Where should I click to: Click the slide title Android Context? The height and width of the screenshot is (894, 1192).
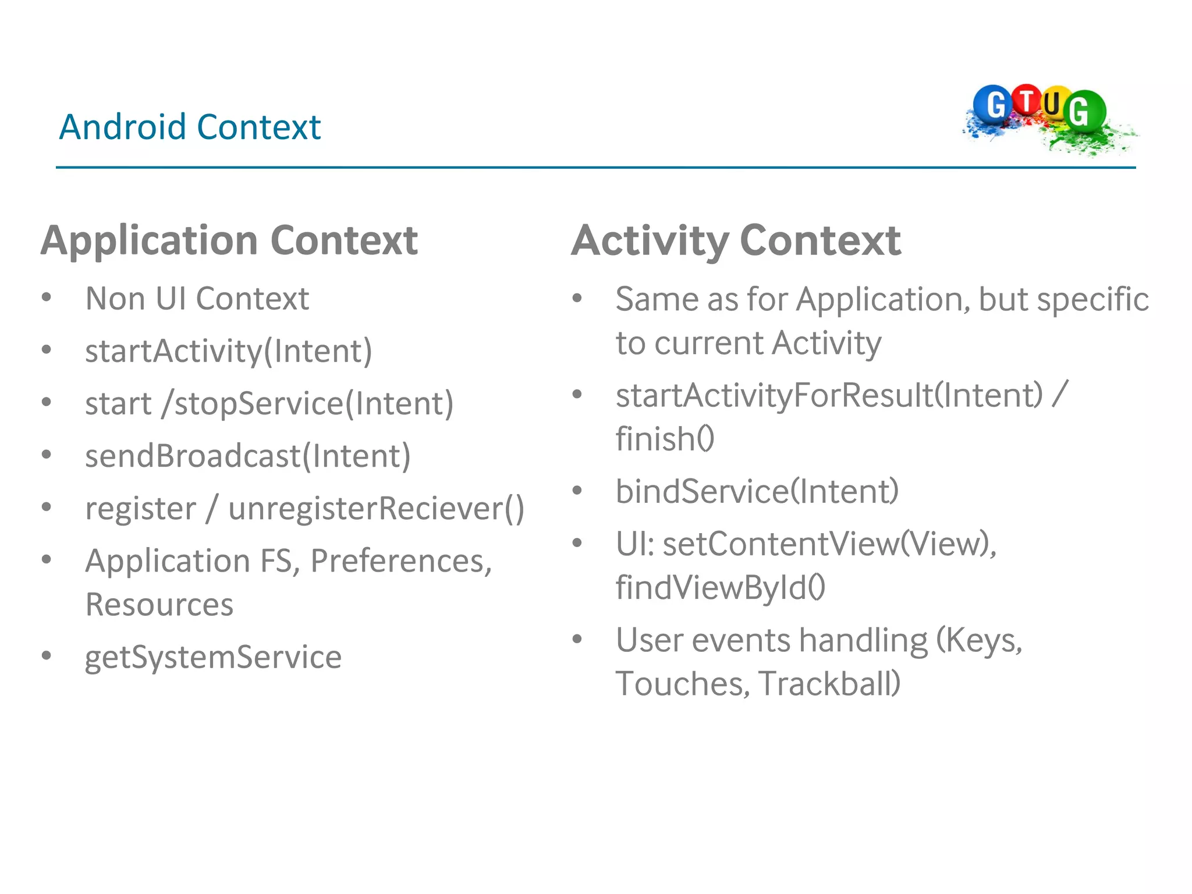(x=190, y=127)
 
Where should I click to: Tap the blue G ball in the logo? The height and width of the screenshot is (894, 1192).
(x=994, y=105)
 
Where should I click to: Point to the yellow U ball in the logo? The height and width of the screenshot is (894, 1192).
(x=1053, y=104)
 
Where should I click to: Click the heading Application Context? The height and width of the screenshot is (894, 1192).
(x=229, y=240)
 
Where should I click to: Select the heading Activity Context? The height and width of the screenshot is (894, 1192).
(x=736, y=240)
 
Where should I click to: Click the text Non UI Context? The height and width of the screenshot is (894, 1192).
(x=197, y=299)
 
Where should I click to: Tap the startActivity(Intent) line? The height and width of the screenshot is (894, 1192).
(x=228, y=351)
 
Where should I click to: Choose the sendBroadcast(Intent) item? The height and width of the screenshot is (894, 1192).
(x=248, y=456)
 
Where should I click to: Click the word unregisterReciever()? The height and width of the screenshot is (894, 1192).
(x=376, y=508)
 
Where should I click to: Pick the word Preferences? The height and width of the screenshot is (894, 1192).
(x=401, y=561)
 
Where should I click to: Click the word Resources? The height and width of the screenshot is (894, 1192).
(x=159, y=604)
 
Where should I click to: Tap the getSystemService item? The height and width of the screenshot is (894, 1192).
(x=213, y=657)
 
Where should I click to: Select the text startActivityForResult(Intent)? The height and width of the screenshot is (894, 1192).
(x=829, y=395)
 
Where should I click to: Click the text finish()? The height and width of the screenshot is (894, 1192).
(x=665, y=439)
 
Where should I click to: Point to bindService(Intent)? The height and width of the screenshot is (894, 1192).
(x=757, y=491)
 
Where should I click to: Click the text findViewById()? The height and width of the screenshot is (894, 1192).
(x=721, y=587)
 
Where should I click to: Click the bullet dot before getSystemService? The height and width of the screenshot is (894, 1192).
(x=47, y=656)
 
